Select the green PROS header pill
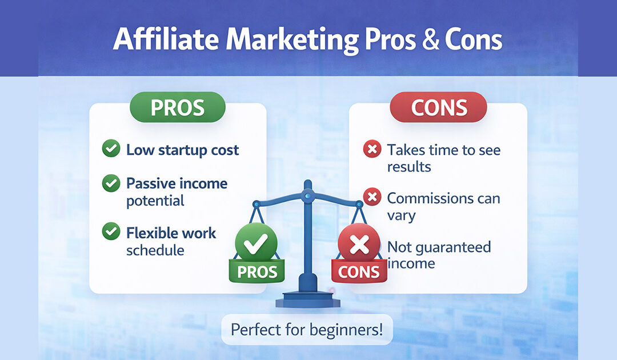click(178, 107)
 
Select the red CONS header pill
click(438, 107)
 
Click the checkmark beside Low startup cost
click(110, 150)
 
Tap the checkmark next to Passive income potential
click(110, 183)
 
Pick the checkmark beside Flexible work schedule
click(110, 232)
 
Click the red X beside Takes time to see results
click(372, 150)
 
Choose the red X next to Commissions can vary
click(372, 198)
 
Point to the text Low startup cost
click(182, 150)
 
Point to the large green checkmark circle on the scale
click(256, 243)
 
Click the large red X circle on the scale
click(359, 244)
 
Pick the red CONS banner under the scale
click(358, 271)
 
